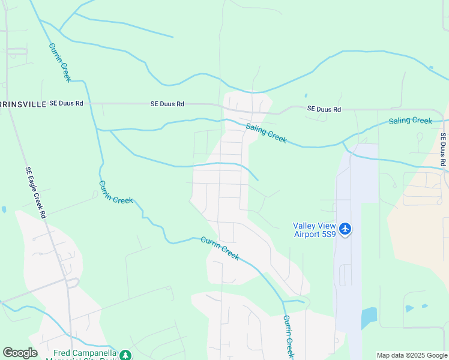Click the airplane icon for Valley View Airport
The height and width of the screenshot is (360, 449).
click(345, 229)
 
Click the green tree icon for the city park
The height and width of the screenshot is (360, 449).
click(125, 355)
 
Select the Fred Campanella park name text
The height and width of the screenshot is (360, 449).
click(84, 354)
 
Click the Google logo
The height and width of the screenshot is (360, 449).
click(20, 353)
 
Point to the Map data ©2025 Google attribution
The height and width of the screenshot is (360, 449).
click(412, 355)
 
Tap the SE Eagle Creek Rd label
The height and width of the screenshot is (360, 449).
click(35, 192)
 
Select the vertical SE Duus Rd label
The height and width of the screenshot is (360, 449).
click(444, 150)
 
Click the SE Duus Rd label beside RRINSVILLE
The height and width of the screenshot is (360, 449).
click(66, 104)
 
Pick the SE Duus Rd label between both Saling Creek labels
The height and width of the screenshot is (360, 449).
click(324, 109)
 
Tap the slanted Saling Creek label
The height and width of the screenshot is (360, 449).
click(266, 133)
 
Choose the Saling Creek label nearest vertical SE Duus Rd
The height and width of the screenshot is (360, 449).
click(410, 121)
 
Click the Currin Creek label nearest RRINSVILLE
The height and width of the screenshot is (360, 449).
click(59, 62)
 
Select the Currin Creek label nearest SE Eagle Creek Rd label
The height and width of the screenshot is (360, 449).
click(115, 191)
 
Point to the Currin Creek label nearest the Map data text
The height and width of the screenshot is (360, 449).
click(288, 337)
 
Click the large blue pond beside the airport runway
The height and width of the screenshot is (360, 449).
click(369, 317)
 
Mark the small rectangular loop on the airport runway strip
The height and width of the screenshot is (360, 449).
click(345, 275)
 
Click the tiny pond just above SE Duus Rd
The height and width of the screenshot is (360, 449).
click(306, 95)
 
